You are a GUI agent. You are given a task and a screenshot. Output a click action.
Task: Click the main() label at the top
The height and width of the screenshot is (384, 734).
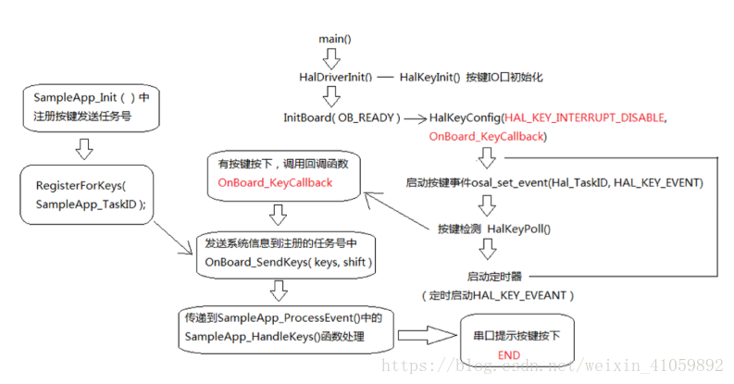(x=335, y=39)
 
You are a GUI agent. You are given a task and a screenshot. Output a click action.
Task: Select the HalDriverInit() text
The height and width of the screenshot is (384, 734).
(x=334, y=78)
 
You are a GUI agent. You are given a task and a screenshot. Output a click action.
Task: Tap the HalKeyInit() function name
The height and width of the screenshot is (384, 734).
(x=429, y=78)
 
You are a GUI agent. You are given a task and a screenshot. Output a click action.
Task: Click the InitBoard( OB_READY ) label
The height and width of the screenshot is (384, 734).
(x=342, y=118)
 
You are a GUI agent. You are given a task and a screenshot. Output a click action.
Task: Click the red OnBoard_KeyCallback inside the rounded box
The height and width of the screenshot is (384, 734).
(x=274, y=183)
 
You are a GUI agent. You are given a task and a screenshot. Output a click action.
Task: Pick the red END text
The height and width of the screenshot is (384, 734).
(x=509, y=354)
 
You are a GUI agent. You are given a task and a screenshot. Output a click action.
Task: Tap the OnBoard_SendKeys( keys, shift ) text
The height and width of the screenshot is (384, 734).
(x=289, y=263)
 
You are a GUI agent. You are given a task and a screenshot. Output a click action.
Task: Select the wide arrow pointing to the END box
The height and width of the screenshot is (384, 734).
(x=428, y=335)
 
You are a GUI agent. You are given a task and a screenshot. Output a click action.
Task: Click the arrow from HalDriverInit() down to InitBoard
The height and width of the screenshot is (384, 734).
(x=332, y=97)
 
